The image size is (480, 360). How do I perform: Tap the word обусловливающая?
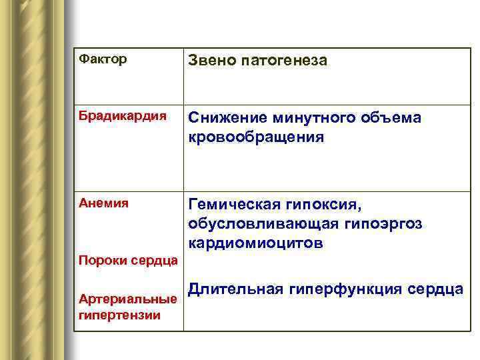point(254,223)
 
